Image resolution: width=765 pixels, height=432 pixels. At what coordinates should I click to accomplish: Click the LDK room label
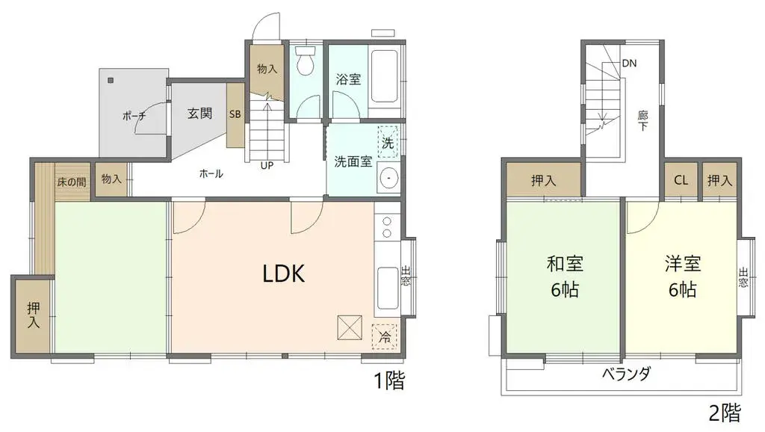point(284,274)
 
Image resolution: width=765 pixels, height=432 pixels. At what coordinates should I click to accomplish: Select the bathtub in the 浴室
point(385,76)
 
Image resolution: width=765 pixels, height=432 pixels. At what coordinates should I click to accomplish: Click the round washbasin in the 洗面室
point(388,179)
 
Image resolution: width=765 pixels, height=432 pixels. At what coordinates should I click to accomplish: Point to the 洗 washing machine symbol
point(388,141)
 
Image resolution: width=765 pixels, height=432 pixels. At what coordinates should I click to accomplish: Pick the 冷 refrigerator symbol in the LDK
point(385,337)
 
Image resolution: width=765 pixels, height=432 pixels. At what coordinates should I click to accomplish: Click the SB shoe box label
point(235,114)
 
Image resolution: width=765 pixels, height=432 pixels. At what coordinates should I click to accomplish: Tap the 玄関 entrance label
point(199,114)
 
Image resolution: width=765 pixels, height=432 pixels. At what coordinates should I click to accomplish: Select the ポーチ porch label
point(134,116)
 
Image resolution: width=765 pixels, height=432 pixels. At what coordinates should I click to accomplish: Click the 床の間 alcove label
point(72,181)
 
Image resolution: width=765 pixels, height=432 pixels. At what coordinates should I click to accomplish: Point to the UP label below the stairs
point(267,166)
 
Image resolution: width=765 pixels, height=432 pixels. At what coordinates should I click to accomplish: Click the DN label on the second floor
point(630,64)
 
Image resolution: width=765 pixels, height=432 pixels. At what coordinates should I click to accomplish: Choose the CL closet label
point(681,180)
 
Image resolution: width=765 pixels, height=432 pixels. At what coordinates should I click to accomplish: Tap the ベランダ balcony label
point(626,374)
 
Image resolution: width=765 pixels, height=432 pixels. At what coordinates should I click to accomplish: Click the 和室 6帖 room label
point(564,277)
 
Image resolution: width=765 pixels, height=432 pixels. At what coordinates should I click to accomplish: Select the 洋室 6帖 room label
point(682,277)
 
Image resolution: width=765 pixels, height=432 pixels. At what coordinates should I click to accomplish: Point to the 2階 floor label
point(725,412)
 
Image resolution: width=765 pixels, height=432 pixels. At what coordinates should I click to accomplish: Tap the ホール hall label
point(211,173)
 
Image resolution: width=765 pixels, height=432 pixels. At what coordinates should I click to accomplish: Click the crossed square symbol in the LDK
point(348,327)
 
